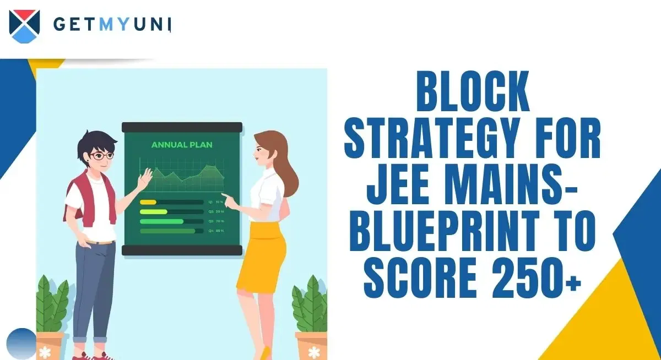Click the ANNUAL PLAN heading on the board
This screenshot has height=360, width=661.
[182, 146]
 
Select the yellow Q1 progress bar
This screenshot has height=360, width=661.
[148, 202]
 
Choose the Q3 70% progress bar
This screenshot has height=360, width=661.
[162, 221]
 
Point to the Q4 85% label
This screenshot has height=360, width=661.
[216, 231]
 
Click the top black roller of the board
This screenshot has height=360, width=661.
[182, 127]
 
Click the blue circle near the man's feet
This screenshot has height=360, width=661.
[23, 343]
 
